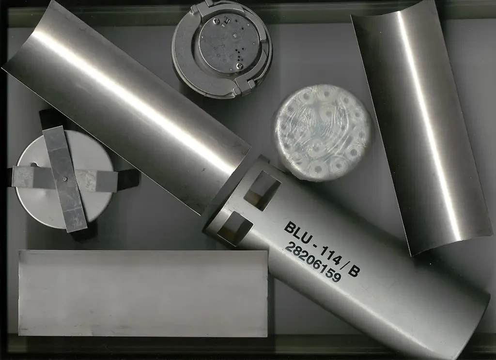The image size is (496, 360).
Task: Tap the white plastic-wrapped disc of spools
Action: tap(322, 133)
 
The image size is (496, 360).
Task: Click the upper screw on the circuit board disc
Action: tap(216, 21)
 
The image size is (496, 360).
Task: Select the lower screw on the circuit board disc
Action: tap(240, 66)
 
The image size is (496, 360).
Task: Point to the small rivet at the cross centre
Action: tap(64, 179)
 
